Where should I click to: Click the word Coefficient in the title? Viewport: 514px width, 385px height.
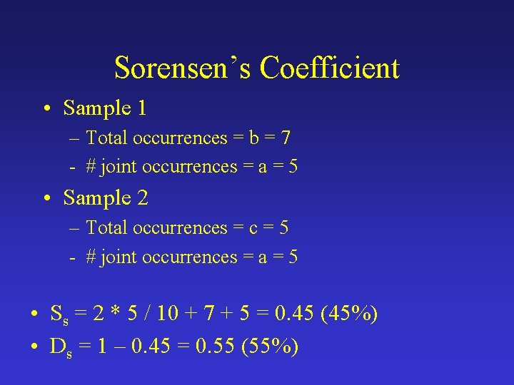[x=329, y=68]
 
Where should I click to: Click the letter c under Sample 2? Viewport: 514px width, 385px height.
[x=251, y=228]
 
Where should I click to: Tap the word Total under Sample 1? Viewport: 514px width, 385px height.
[x=106, y=138]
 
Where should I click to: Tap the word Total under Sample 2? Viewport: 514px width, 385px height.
[x=106, y=228]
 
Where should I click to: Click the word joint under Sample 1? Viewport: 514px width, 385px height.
[x=119, y=167]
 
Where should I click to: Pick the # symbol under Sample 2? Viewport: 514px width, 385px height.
[x=91, y=257]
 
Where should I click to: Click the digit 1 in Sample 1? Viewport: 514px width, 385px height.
[x=141, y=108]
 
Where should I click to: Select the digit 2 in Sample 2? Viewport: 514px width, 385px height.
[x=141, y=198]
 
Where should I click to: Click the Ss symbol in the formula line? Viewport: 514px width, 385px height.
[x=58, y=314]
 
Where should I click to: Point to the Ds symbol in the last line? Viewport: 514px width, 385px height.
[x=59, y=347]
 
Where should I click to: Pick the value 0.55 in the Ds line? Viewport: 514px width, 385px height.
[x=215, y=346]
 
